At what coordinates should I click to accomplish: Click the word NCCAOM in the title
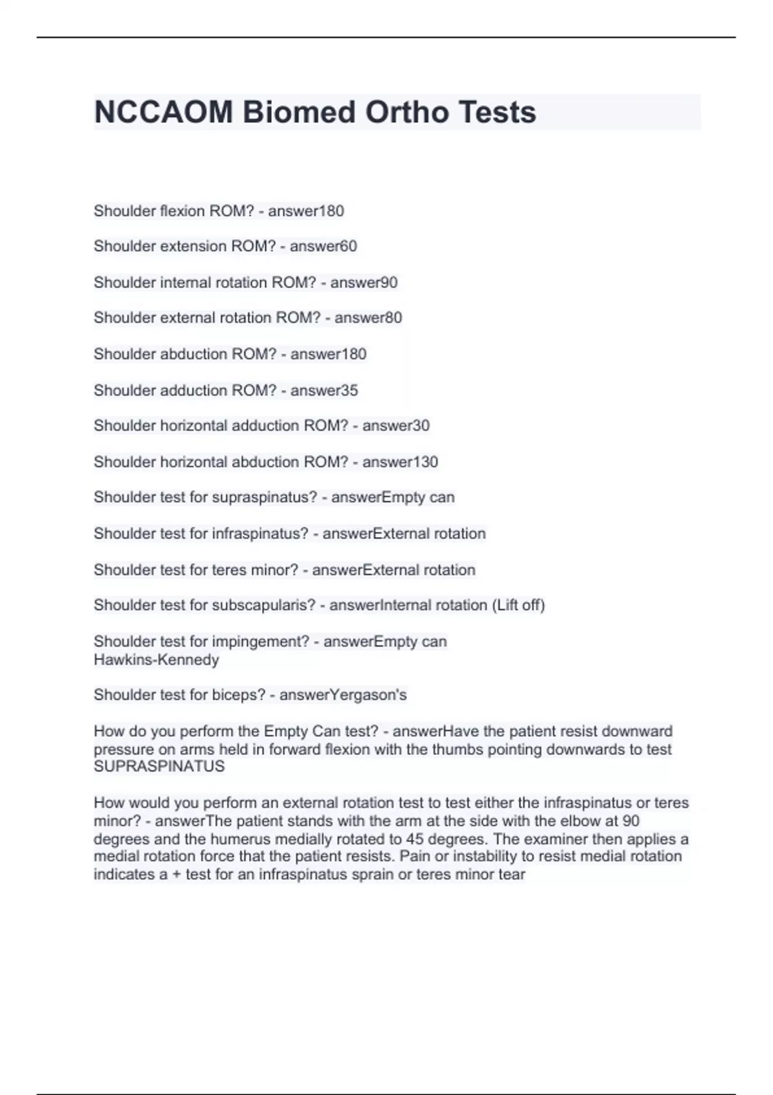tap(164, 112)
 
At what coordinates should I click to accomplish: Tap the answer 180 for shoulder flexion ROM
tap(332, 211)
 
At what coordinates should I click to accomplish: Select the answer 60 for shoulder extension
tap(348, 246)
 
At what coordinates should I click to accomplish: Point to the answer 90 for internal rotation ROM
tap(389, 283)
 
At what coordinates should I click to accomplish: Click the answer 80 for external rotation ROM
tap(393, 318)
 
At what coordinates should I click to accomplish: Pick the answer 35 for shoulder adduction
tap(349, 390)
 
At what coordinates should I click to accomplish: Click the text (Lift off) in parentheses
tap(519, 605)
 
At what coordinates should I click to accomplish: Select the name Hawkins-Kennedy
tap(157, 660)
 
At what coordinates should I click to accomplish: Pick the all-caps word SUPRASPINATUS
tap(159, 766)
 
